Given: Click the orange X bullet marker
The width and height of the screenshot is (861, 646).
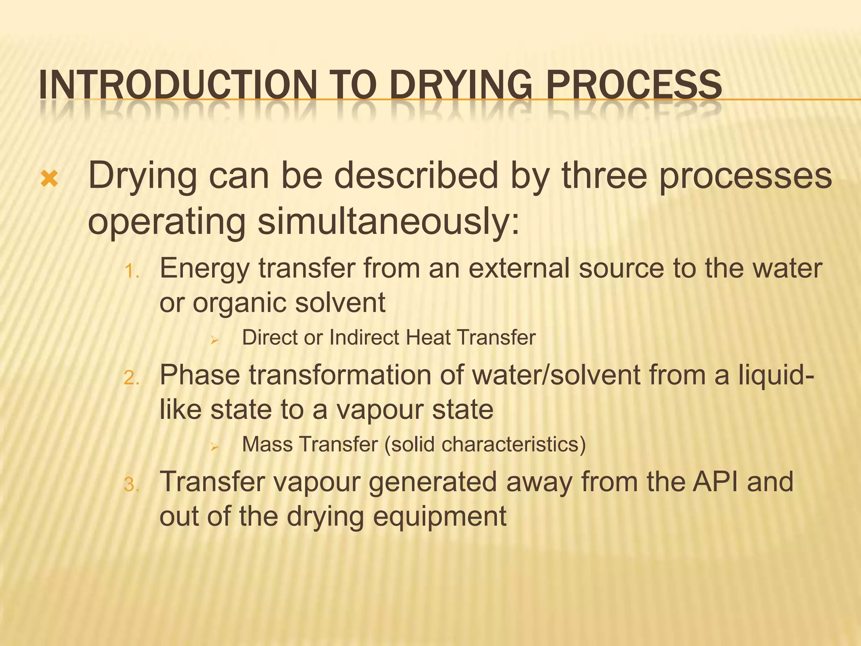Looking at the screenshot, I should tap(50, 180).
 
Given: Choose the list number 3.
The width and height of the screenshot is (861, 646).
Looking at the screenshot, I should tap(132, 485).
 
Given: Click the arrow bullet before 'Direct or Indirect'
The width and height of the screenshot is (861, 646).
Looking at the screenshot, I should tap(214, 340).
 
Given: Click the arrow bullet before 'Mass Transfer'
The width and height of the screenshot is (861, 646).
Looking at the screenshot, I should tap(214, 447).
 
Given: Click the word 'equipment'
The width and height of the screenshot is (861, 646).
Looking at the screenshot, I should tap(439, 517).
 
